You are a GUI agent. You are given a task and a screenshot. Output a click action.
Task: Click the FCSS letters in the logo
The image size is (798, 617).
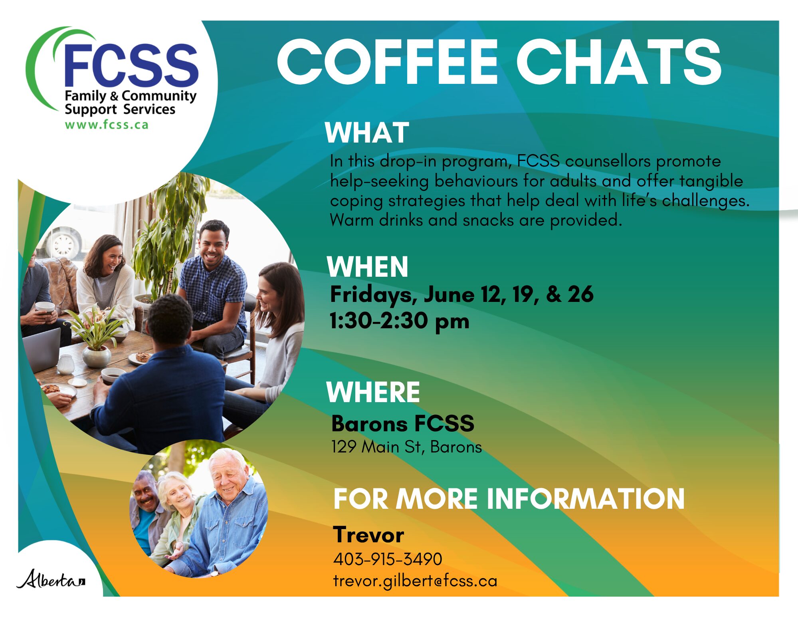[131, 65]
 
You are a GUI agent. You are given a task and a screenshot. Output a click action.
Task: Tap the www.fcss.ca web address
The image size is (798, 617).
[107, 125]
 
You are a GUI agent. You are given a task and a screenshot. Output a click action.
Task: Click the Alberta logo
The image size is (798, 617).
[51, 579]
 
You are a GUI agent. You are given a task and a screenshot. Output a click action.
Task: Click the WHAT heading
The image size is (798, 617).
[367, 133]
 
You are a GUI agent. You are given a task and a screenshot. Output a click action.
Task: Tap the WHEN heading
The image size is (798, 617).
[367, 267]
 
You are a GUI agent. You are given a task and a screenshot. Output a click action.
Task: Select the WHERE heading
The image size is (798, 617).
[373, 392]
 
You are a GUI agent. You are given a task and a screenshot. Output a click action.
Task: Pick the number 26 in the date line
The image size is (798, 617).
[580, 294]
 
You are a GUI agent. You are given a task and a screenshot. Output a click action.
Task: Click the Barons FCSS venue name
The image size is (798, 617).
[403, 423]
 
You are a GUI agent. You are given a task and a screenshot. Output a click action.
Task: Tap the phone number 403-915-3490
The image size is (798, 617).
[388, 559]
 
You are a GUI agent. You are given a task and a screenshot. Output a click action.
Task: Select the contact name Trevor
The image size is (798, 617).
[368, 535]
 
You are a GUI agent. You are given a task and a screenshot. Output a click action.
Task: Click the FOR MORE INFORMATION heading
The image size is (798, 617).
[509, 499]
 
